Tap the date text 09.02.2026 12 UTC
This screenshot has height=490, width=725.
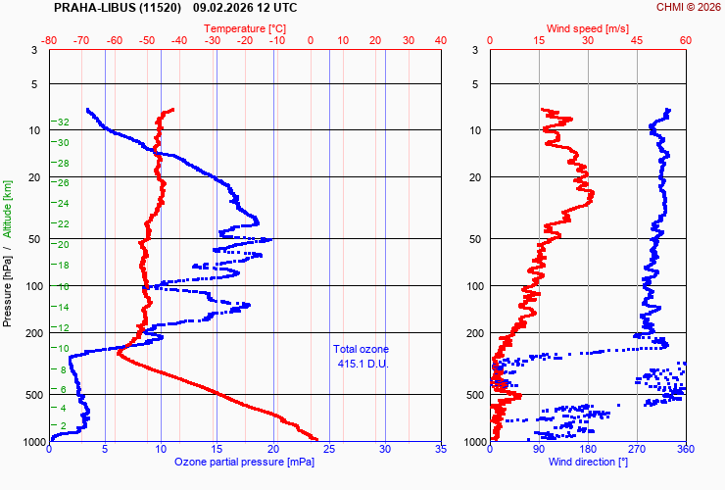245,7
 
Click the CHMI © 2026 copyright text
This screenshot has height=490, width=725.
688,7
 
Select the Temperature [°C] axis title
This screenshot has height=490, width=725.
246,28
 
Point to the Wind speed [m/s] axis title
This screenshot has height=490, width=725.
588,28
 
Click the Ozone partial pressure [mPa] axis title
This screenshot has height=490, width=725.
245,462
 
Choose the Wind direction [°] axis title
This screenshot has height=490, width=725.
588,462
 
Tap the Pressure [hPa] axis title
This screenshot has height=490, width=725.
7,285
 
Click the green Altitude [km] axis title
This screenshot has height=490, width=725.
7,209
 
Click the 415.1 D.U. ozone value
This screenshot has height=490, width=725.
361,364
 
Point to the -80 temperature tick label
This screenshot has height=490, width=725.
50,40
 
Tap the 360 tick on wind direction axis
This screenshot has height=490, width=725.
685,450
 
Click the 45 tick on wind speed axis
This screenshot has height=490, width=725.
637,40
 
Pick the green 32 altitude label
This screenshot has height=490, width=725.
62,122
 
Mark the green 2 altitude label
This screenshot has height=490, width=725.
64,425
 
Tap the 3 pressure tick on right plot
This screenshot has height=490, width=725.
475,50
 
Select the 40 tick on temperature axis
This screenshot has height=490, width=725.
440,40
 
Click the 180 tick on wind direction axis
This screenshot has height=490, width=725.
588,450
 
